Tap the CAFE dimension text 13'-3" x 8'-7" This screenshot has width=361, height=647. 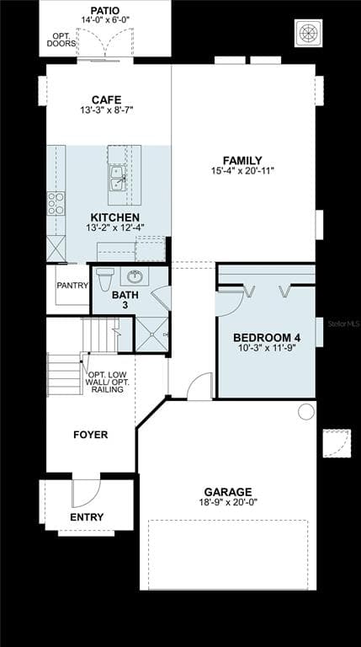pyautogui.click(x=105, y=110)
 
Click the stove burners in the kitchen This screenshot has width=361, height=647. pyautogui.click(x=56, y=203)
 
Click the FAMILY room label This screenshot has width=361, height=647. pyautogui.click(x=242, y=160)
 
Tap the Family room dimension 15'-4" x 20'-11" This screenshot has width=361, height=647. pyautogui.click(x=242, y=171)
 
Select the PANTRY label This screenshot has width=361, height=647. pyautogui.click(x=72, y=286)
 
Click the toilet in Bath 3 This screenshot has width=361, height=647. pyautogui.click(x=105, y=278)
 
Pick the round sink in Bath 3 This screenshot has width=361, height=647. pyautogui.click(x=134, y=275)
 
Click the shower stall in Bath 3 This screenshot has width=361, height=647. pyautogui.click(x=151, y=334)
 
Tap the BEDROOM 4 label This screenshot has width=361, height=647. pyautogui.click(x=266, y=337)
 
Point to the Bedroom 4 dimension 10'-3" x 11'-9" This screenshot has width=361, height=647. pyautogui.click(x=266, y=348)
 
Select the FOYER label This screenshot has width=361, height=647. pyautogui.click(x=90, y=435)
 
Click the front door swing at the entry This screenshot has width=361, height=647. pyautogui.click(x=85, y=490)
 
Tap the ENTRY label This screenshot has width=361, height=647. pyautogui.click(x=87, y=517)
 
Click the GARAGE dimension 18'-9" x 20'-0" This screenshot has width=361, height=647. pyautogui.click(x=227, y=503)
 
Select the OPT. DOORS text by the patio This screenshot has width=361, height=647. pyautogui.click(x=61, y=39)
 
